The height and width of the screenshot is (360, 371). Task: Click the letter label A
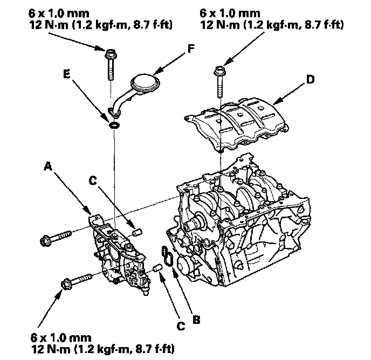point(48,166)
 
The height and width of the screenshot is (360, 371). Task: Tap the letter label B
point(196,320)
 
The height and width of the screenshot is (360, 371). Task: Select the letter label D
point(310,79)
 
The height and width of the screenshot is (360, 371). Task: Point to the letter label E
point(67,74)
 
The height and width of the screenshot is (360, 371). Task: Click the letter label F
point(191,49)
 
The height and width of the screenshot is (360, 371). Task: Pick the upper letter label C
point(93,181)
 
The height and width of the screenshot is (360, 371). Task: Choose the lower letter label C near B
point(181,326)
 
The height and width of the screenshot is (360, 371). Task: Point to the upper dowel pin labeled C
point(138,232)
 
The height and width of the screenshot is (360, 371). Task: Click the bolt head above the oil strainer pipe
point(110,54)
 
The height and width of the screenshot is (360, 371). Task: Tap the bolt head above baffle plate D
point(219,71)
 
